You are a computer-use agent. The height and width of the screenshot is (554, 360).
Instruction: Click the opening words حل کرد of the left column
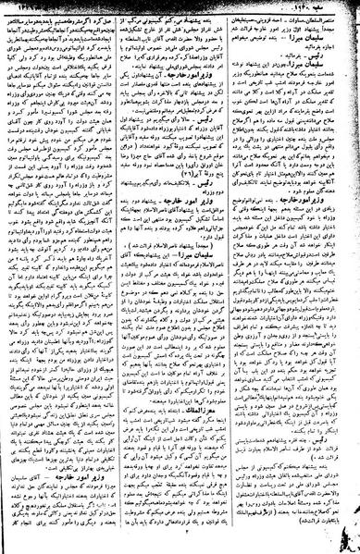106,20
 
